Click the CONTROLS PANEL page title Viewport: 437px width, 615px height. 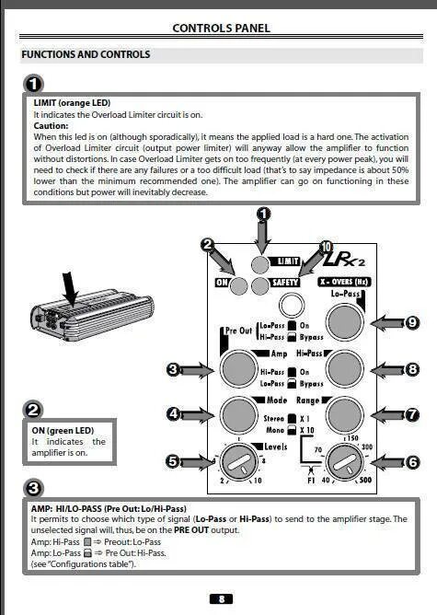(x=221, y=29)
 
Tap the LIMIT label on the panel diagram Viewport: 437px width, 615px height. (x=288, y=261)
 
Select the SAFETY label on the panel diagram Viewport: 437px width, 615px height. (x=285, y=283)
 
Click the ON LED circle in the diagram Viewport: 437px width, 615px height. (x=238, y=285)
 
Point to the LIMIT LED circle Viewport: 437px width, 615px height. (x=260, y=264)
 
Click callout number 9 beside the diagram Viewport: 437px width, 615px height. (x=412, y=323)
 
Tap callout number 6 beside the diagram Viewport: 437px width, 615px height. (x=412, y=462)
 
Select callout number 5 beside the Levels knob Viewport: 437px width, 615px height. (x=173, y=461)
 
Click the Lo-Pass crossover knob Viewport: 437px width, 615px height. (x=345, y=322)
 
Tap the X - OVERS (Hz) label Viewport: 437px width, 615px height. (x=344, y=282)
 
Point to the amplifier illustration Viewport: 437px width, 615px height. (x=92, y=315)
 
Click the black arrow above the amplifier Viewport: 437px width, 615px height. (x=71, y=288)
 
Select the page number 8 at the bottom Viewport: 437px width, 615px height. (x=221, y=598)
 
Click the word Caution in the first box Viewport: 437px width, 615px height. (x=51, y=126)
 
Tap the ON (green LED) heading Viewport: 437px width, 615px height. (x=63, y=430)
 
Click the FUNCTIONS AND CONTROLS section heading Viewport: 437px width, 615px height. (x=86, y=54)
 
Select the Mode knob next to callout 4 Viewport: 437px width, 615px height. (x=238, y=415)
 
